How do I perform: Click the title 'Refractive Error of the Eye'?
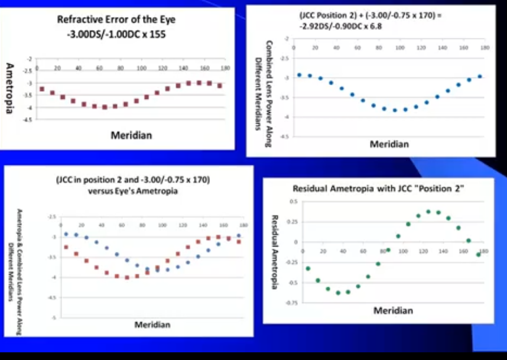tap(116, 20)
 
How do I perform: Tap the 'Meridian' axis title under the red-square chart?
tap(131, 135)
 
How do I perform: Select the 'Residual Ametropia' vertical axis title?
tap(275, 251)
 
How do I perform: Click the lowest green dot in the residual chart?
tap(338, 293)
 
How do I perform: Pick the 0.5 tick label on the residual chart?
tap(293, 202)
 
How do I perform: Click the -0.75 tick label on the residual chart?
tap(292, 303)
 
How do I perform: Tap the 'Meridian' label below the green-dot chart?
tap(393, 310)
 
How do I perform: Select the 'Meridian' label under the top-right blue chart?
tap(389, 144)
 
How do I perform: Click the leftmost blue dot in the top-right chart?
tap(299, 75)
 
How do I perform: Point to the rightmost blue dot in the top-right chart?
tap(480, 76)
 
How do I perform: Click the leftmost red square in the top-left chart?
tap(41, 89)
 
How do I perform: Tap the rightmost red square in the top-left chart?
tap(220, 86)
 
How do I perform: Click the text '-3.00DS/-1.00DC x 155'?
tap(116, 34)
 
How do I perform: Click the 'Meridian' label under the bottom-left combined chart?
tap(152, 325)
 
